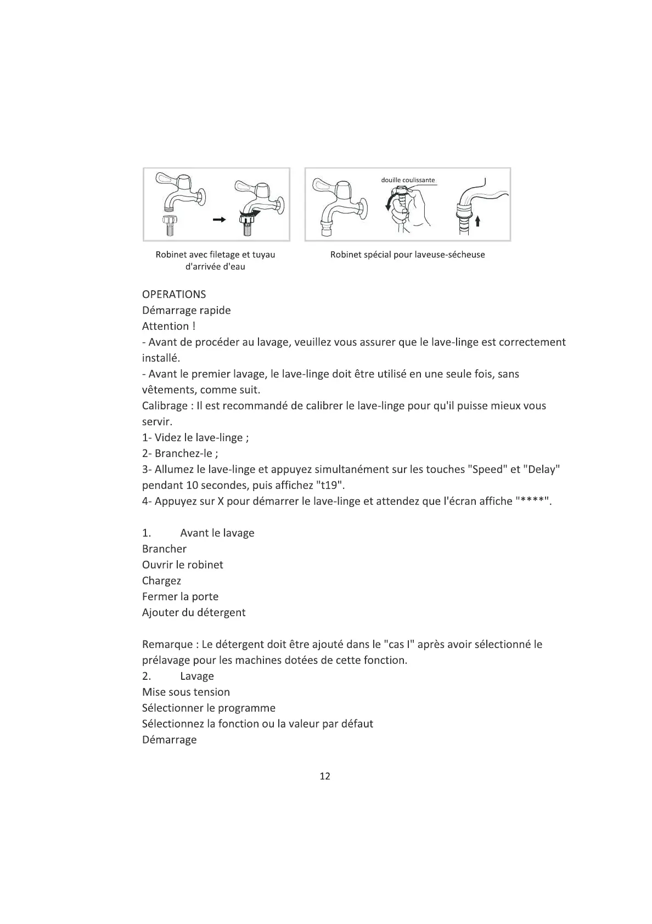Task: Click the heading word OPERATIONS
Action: [x=174, y=295]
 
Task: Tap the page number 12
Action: [x=325, y=776]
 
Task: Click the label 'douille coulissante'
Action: [x=408, y=180]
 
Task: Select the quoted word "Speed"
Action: [x=487, y=470]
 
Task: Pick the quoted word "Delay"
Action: [x=542, y=470]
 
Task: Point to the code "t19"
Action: [x=329, y=486]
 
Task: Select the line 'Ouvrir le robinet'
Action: [x=182, y=565]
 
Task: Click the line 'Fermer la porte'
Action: [x=180, y=597]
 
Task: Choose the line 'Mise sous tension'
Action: [x=186, y=692]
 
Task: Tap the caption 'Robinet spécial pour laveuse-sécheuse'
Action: [x=407, y=255]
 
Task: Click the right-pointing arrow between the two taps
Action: [x=219, y=219]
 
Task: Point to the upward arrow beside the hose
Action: [x=477, y=221]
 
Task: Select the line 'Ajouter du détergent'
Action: [x=194, y=613]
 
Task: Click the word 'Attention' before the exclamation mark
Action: [x=165, y=326]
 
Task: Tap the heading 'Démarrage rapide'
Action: [x=186, y=311]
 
